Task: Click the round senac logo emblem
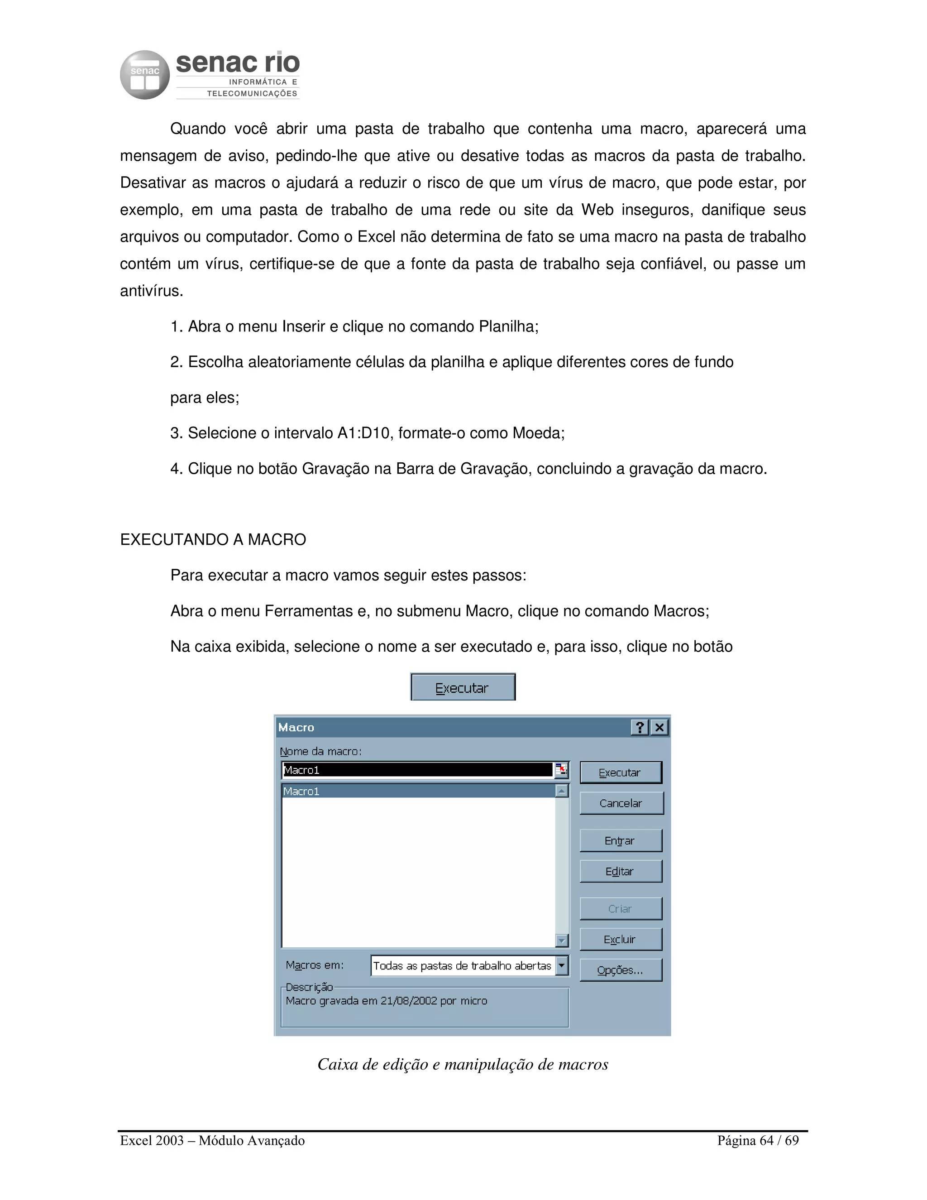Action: [x=145, y=75]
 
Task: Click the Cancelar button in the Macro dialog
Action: [x=621, y=803]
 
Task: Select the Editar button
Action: [x=621, y=871]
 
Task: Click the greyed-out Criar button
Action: [x=621, y=909]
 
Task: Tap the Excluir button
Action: [x=621, y=940]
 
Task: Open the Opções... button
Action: [x=621, y=970]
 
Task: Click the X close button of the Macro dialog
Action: [x=659, y=728]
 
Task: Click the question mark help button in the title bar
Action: [x=640, y=728]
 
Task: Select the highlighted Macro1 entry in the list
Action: [x=417, y=791]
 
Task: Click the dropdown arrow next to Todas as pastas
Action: [x=562, y=965]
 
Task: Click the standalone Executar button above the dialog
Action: [x=463, y=687]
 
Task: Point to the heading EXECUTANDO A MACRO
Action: [x=213, y=540]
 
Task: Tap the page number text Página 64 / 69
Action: [x=758, y=1141]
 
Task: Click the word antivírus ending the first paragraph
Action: [x=152, y=291]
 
